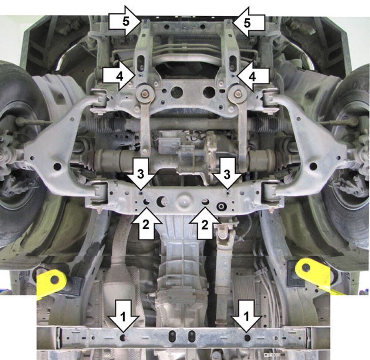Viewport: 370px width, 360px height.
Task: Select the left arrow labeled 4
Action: click(119, 76)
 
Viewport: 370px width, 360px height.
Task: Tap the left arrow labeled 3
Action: click(141, 174)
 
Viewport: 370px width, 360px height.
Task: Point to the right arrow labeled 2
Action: click(205, 223)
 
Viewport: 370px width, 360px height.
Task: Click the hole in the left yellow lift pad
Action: click(55, 279)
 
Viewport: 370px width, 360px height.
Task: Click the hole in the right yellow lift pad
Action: click(306, 267)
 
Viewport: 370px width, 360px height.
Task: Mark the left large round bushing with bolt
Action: click(145, 93)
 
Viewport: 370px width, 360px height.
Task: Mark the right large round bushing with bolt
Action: click(238, 93)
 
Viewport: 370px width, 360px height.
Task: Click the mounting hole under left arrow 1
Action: click(123, 337)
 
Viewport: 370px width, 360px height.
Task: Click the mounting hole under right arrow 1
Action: click(247, 337)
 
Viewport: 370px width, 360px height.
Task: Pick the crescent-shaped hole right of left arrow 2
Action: click(162, 201)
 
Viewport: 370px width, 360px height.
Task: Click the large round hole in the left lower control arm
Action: click(57, 166)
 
